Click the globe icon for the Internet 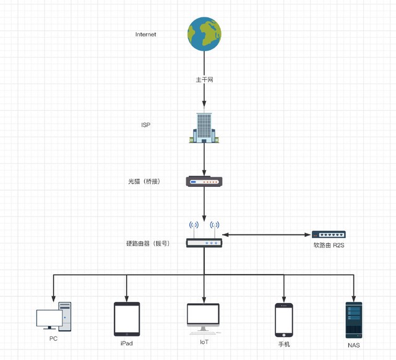205,34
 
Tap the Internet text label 146,35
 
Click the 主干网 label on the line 204,80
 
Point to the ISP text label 146,125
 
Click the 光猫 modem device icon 204,181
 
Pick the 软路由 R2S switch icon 329,235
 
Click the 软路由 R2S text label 329,246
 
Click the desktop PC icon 53,316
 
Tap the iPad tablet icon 127,319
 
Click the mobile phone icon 284,320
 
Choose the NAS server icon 354,320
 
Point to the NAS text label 354,345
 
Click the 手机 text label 284,344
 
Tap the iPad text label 127,343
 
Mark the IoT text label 204,341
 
